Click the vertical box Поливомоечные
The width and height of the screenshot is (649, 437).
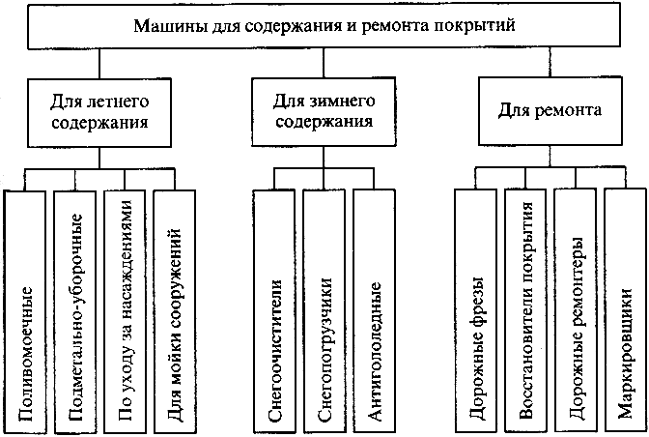coord(27,309)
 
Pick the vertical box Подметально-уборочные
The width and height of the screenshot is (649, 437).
coord(76,309)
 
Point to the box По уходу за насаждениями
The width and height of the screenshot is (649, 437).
coord(126,309)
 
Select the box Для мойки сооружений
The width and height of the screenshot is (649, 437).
coord(175,309)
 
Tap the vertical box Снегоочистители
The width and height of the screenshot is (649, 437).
coord(276,309)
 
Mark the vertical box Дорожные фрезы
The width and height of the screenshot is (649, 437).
coord(477,309)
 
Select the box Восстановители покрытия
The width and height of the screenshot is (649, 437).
coord(526,309)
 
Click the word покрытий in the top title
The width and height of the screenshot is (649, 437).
coord(482,22)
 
